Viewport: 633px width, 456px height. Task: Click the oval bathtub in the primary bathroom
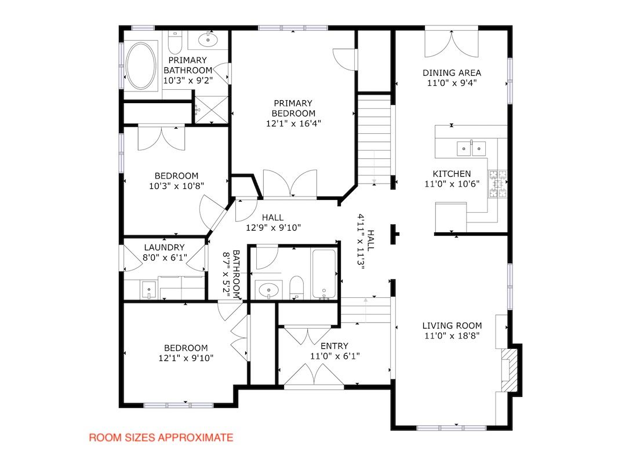tap(140, 65)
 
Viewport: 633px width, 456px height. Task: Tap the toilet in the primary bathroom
tap(175, 42)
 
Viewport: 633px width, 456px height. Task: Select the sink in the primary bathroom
tap(208, 39)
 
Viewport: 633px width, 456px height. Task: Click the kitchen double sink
tap(471, 148)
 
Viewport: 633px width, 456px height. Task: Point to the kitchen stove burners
tap(498, 184)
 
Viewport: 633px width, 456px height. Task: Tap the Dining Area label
tap(452, 73)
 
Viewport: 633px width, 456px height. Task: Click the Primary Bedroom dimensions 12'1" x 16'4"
tap(293, 123)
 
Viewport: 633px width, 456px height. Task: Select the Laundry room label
tap(164, 247)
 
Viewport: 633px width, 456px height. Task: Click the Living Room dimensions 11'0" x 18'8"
tap(452, 335)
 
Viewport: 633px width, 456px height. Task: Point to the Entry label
tap(334, 346)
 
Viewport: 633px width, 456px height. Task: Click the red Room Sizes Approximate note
tap(161, 437)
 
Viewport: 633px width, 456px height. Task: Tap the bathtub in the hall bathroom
tap(324, 274)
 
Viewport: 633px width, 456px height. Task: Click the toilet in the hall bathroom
tap(296, 287)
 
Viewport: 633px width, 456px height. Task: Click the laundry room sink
tap(148, 290)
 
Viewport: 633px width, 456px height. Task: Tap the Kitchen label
tap(452, 174)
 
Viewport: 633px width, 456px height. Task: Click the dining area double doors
tap(452, 43)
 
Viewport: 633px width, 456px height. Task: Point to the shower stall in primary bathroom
tap(211, 110)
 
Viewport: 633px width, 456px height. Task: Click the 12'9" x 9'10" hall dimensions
tap(273, 228)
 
